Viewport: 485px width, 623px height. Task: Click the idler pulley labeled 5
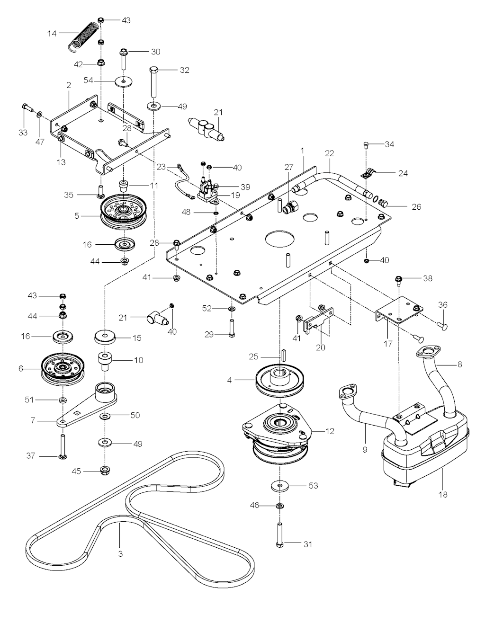124,211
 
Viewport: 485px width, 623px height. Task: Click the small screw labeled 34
367,145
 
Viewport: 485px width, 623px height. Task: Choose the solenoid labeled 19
208,192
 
